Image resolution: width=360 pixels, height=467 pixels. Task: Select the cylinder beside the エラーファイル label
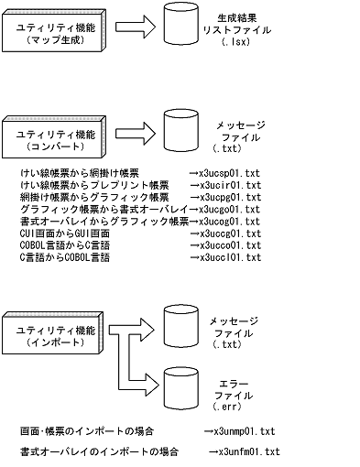click(x=181, y=391)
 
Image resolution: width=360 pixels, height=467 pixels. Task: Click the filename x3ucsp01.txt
click(x=228, y=171)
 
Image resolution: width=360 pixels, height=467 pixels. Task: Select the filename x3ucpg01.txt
click(x=228, y=196)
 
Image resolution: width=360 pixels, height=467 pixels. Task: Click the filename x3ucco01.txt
click(x=228, y=245)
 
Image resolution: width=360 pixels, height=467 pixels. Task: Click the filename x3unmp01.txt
click(x=243, y=430)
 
